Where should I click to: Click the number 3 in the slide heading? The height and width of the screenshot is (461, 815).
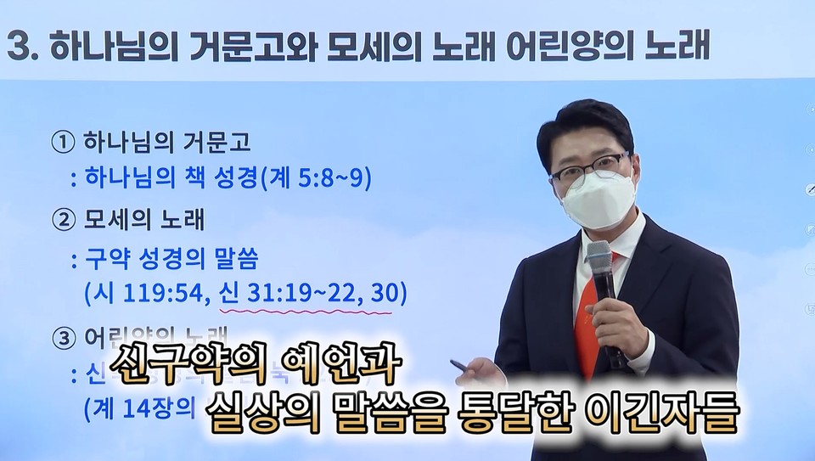(18, 46)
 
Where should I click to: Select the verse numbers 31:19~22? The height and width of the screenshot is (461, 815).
(301, 294)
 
